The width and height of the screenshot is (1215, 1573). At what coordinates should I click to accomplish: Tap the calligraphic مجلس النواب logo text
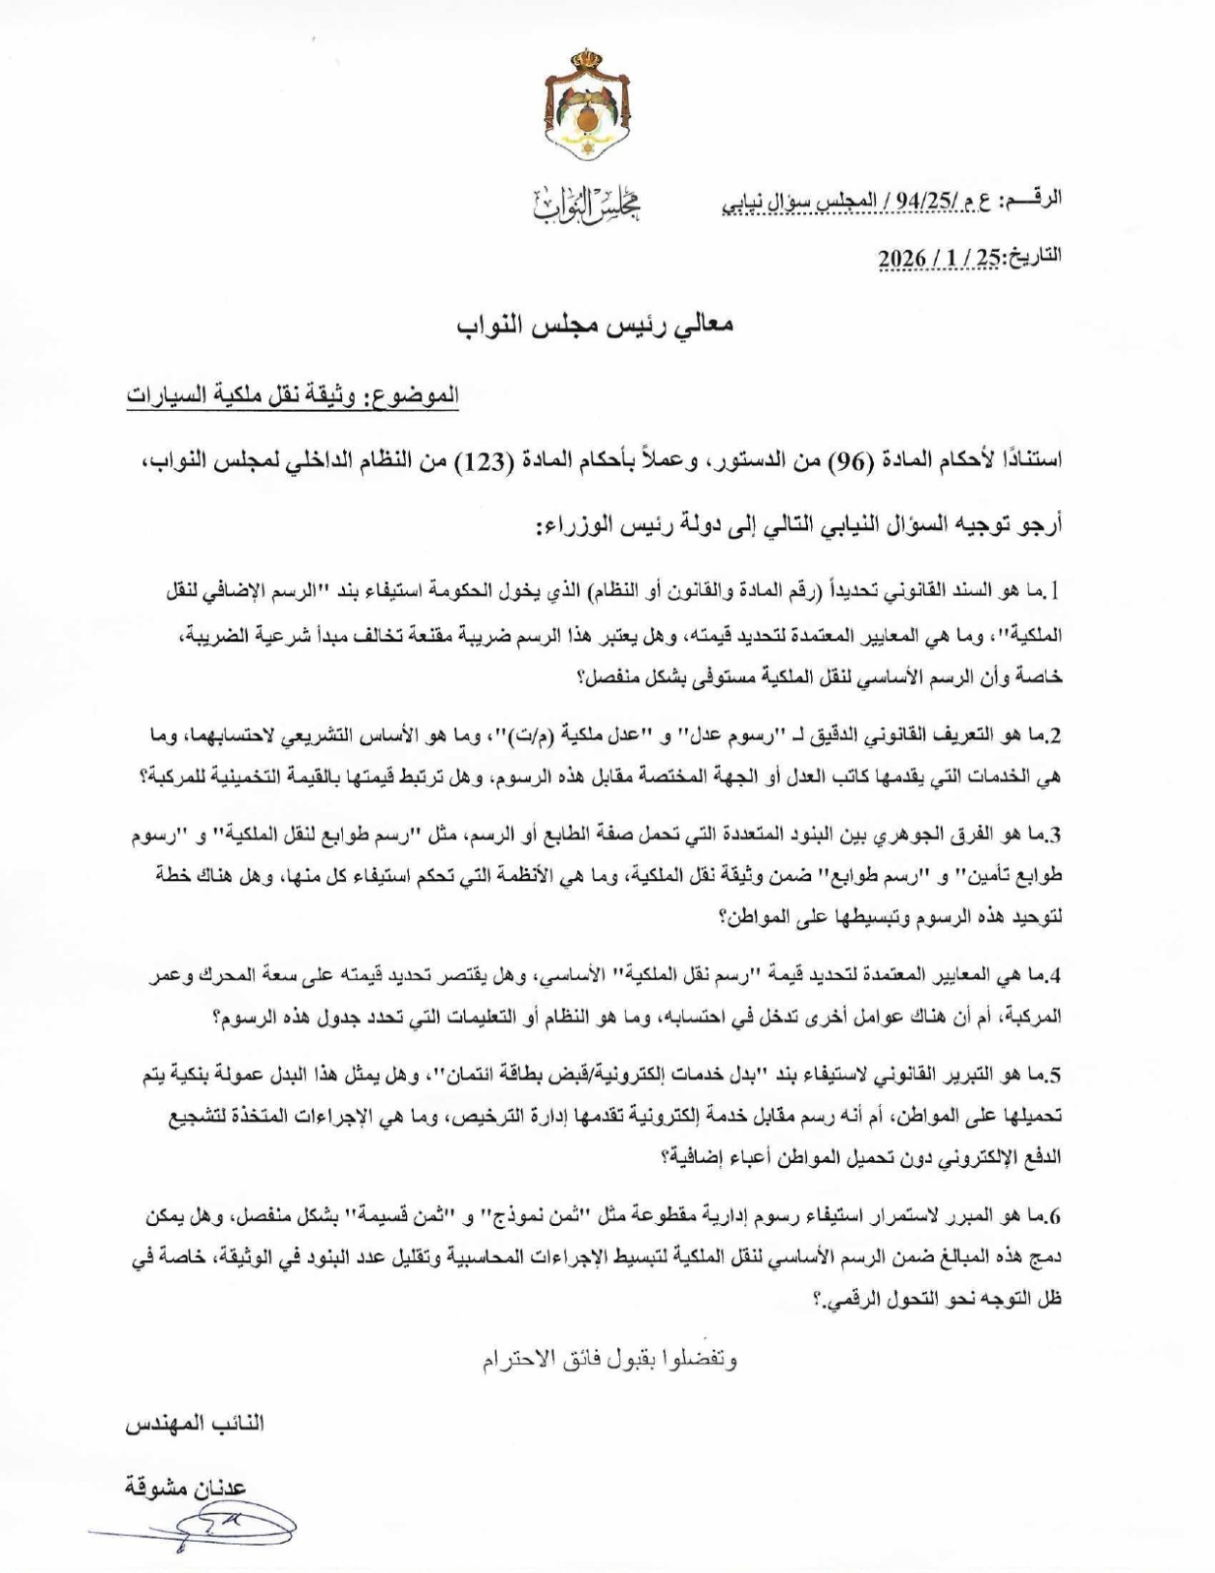586,204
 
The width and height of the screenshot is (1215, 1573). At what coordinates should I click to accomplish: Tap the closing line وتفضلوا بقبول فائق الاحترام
609,1360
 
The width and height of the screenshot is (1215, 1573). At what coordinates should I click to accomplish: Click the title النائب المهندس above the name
195,1424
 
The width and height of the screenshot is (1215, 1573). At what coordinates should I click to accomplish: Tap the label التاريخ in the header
1031,257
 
